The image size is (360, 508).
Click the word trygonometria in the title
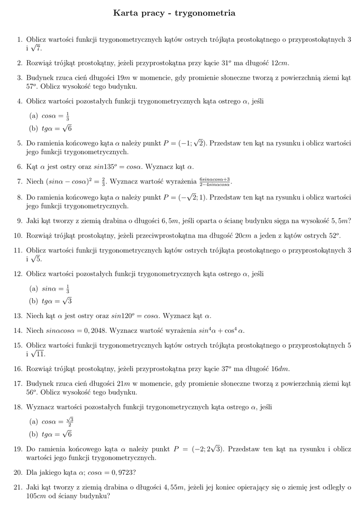pyautogui.click(x=205, y=13)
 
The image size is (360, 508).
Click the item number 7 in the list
pyautogui.click(x=20, y=182)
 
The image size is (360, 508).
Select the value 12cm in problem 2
pyautogui.click(x=279, y=63)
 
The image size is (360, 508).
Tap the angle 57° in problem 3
pyautogui.click(x=32, y=86)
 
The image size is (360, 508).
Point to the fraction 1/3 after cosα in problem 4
pyautogui.click(x=68, y=116)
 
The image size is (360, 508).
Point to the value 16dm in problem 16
pyautogui.click(x=280, y=369)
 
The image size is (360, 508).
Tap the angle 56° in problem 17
pyautogui.click(x=32, y=392)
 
